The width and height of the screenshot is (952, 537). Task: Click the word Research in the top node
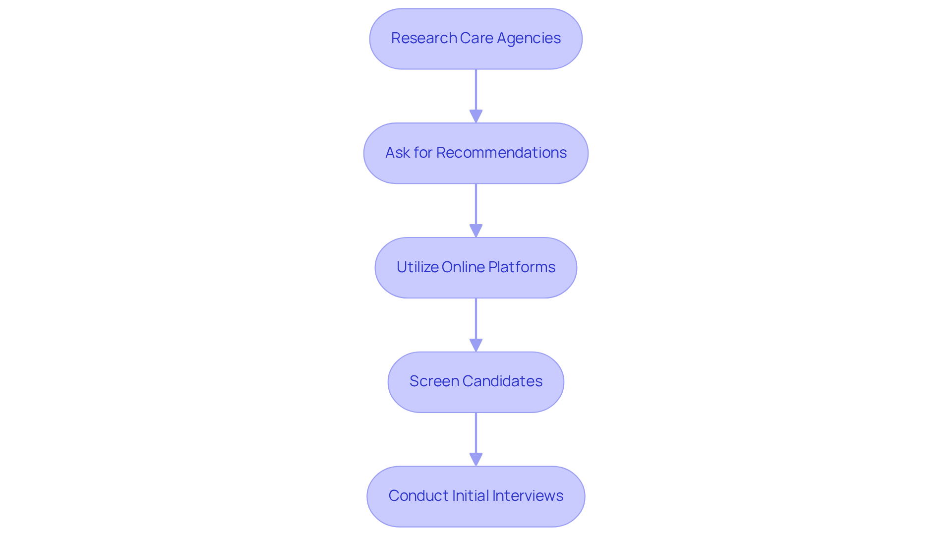[424, 38]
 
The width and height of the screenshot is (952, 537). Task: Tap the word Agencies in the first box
[529, 38]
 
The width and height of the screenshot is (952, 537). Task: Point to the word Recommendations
[501, 153]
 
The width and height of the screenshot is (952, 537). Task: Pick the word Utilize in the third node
[417, 267]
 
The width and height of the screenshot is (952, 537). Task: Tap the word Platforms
[522, 267]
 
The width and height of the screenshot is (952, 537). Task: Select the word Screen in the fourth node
[434, 381]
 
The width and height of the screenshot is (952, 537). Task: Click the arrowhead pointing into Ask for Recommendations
[476, 117]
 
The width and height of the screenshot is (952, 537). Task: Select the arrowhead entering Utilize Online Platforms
[476, 231]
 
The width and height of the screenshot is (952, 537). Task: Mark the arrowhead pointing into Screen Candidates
[476, 346]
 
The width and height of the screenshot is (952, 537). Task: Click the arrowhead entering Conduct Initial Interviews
[476, 460]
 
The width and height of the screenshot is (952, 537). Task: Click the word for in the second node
[423, 153]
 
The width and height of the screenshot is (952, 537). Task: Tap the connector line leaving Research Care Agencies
[476, 89]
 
